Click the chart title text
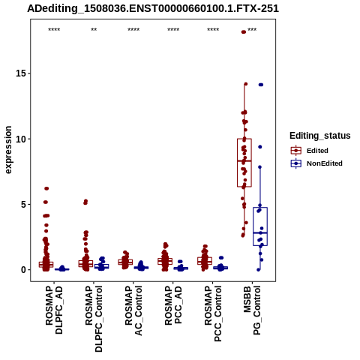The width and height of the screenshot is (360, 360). click(x=153, y=8)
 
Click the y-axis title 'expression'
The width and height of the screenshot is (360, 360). click(x=8, y=150)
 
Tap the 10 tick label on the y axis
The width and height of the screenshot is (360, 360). click(x=21, y=139)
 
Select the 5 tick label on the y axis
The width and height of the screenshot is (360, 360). click(x=24, y=204)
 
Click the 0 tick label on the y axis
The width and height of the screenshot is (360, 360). click(x=24, y=270)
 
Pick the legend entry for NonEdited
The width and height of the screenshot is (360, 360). click(x=316, y=163)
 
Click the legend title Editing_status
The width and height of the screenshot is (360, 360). click(x=320, y=136)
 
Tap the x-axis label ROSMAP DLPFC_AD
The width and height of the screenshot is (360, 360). click(x=54, y=310)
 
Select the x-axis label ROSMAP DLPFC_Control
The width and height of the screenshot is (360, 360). click(x=94, y=319)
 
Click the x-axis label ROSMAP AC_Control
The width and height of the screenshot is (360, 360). click(x=133, y=310)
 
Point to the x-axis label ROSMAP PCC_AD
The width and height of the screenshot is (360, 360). click(x=173, y=305)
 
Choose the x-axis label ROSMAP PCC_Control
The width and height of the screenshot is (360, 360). click(x=213, y=313)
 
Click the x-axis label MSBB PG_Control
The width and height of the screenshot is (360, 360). click(x=252, y=310)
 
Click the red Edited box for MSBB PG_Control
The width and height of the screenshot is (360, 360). click(x=244, y=163)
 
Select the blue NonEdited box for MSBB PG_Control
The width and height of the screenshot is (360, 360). click(x=260, y=226)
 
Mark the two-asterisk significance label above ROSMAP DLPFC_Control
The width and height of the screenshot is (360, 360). click(x=94, y=30)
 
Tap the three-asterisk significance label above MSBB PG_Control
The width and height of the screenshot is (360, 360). click(x=252, y=30)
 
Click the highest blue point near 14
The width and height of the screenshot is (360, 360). click(x=261, y=85)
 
